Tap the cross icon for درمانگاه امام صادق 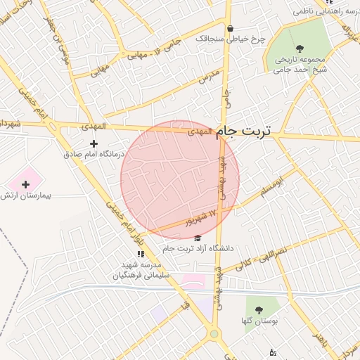(94, 143)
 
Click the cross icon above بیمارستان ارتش (26, 184)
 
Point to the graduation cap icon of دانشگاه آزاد (197, 239)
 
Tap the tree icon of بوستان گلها (259, 309)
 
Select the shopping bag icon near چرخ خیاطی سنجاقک (230, 29)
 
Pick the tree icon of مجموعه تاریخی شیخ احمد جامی (300, 49)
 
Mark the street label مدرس (210, 77)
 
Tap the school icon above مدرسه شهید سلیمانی (141, 254)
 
